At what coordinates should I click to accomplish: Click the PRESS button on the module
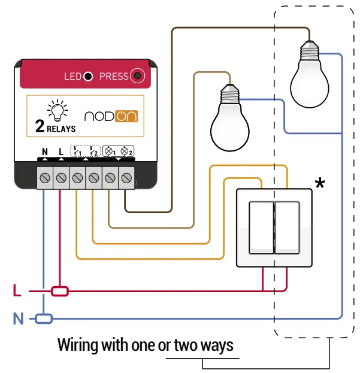[x=139, y=76]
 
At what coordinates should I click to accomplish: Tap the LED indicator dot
[x=88, y=76]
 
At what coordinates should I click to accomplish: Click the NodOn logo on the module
[x=111, y=116]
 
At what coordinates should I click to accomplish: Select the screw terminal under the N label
[x=45, y=178]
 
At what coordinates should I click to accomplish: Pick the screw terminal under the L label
[x=61, y=178]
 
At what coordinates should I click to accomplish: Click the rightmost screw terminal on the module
[x=126, y=178]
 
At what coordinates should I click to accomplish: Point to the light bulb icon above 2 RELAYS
[x=57, y=110]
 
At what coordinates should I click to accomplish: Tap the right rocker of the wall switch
[x=288, y=227]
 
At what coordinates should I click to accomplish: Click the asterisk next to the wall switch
[x=320, y=184]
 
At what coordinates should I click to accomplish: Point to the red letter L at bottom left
[x=17, y=292]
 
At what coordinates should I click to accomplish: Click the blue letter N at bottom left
[x=19, y=319]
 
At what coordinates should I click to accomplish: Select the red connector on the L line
[x=60, y=292]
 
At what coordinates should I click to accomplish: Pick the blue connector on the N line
[x=44, y=319]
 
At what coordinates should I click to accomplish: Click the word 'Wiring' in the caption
[x=77, y=346]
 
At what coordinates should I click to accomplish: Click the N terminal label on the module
[x=45, y=152]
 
